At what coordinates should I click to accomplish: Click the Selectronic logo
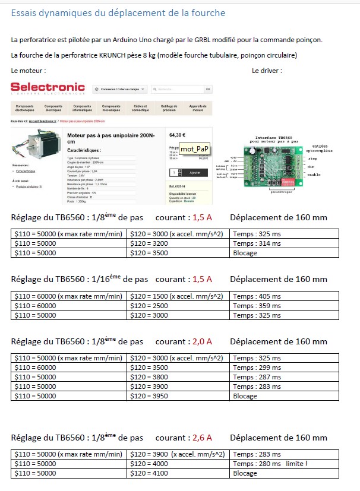48,88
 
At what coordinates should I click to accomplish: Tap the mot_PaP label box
195,148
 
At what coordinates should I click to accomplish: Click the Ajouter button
194,172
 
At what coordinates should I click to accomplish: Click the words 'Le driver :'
267,71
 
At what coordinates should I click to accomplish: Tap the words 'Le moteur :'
29,71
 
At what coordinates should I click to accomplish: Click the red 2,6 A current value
201,438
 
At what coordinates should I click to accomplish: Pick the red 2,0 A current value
201,342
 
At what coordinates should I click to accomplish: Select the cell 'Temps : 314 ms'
257,243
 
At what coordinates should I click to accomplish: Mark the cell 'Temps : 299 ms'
257,368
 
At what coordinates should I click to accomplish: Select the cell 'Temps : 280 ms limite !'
270,464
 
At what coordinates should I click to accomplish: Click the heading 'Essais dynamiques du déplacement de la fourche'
118,12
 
